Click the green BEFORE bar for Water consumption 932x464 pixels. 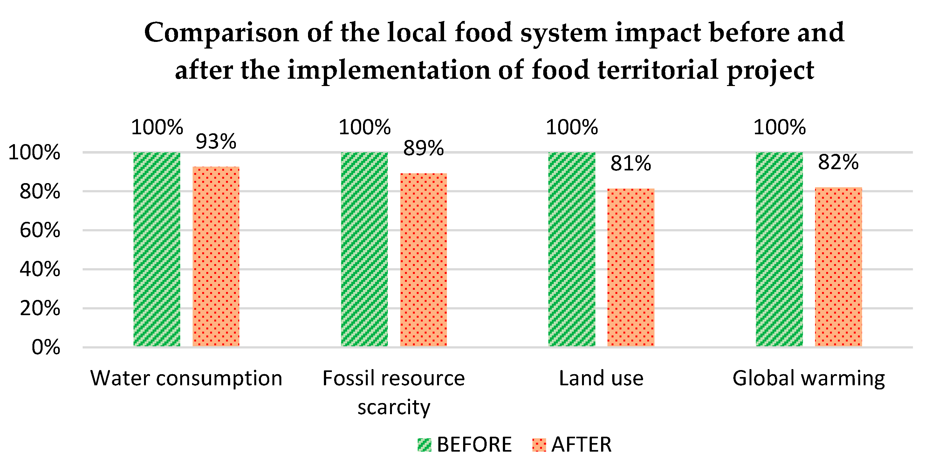pos(157,249)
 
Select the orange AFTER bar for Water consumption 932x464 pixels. pos(216,256)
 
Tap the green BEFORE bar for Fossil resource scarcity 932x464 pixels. pos(364,249)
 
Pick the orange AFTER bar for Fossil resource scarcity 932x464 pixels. pos(423,260)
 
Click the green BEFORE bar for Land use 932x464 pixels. pos(572,249)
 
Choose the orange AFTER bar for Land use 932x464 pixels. pos(631,268)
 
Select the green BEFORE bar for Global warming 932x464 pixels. pos(779,249)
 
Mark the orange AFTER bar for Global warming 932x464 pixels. pos(838,268)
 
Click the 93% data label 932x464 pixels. pos(216,141)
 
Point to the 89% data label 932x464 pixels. pos(423,148)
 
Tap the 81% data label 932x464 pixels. pos(631,163)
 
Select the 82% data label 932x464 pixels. pos(838,162)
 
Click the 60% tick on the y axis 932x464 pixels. pos(40,230)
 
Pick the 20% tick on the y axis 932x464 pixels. pos(40,308)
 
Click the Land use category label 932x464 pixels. pos(601,378)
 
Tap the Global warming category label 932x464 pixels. pos(809,378)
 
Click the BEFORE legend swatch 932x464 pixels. pos(424,445)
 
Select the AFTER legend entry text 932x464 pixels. pos(581,445)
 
